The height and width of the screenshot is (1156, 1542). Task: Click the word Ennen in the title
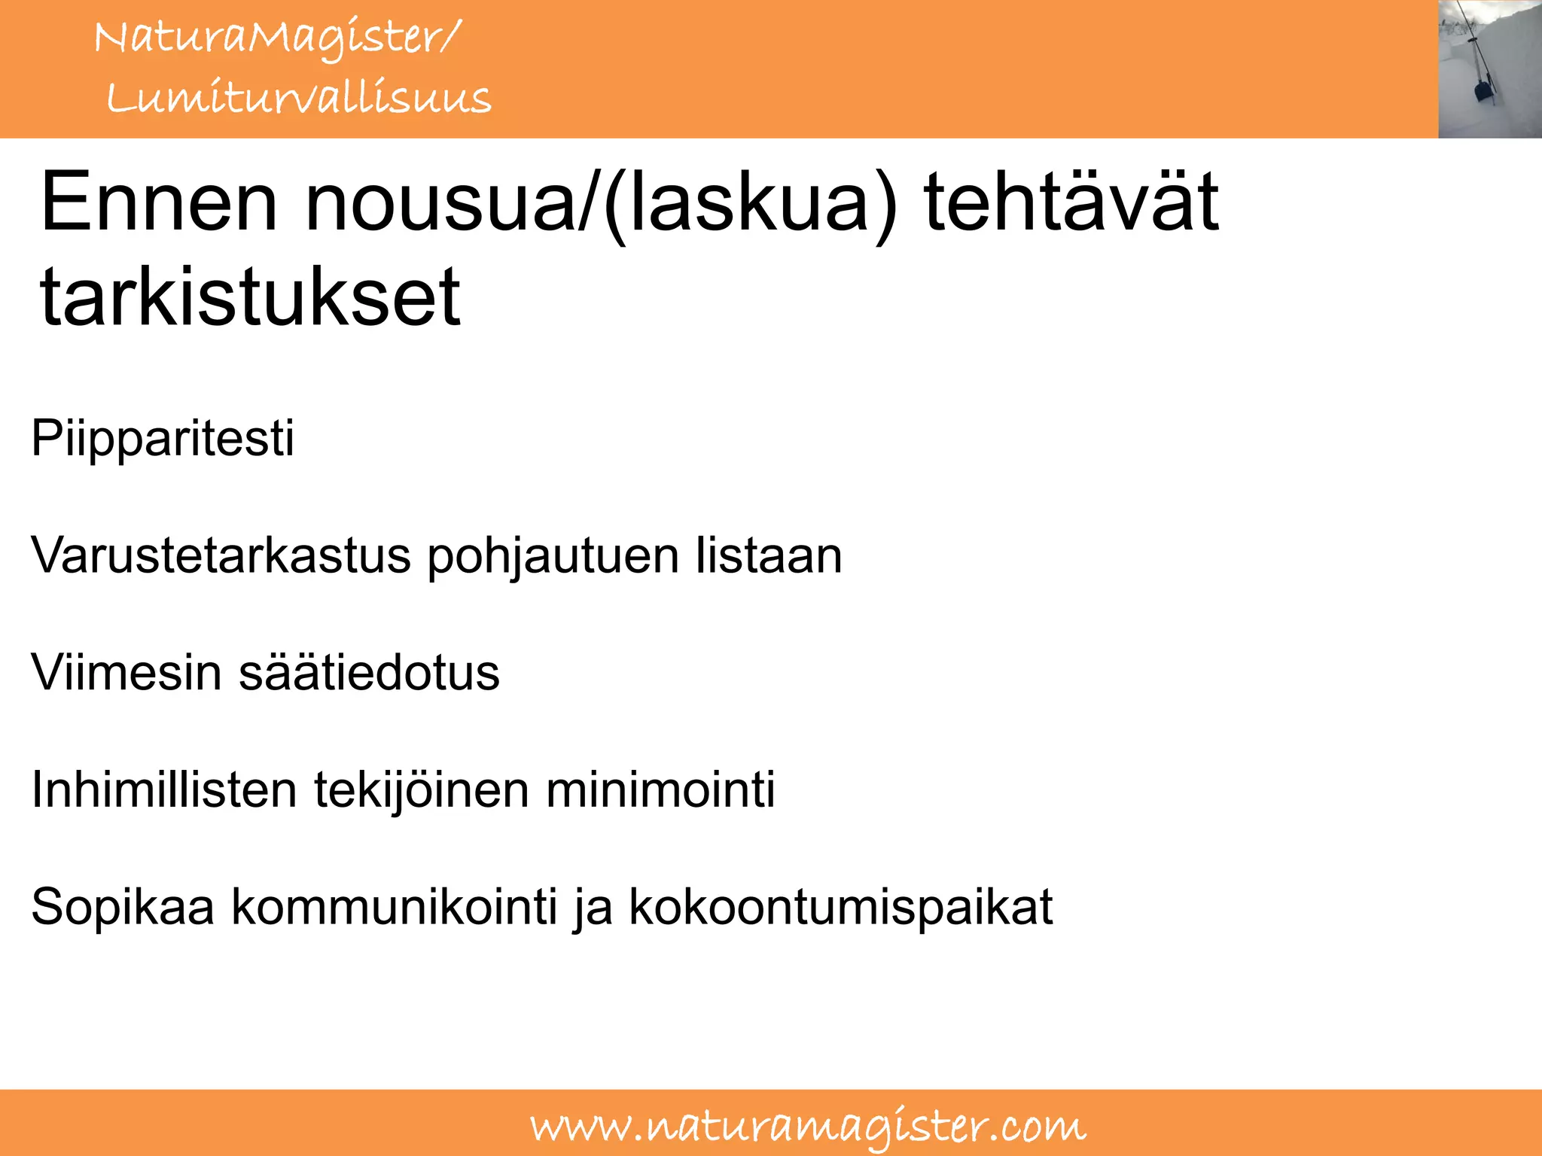point(159,202)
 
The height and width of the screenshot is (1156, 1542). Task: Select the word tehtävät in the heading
point(1071,202)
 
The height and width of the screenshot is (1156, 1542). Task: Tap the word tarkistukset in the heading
point(250,298)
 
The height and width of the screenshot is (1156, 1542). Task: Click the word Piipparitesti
point(162,438)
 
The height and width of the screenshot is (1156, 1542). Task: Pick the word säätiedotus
point(369,672)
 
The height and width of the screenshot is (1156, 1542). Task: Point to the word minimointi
point(660,789)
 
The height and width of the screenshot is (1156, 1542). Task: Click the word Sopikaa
point(123,907)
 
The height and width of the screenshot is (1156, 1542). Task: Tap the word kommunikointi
point(395,907)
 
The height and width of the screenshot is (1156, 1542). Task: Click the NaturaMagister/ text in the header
point(276,38)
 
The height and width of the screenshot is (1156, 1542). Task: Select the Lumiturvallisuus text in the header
point(298,98)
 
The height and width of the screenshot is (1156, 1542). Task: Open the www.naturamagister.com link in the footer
point(808,1127)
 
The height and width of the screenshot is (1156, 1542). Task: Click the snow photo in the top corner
point(1489,68)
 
